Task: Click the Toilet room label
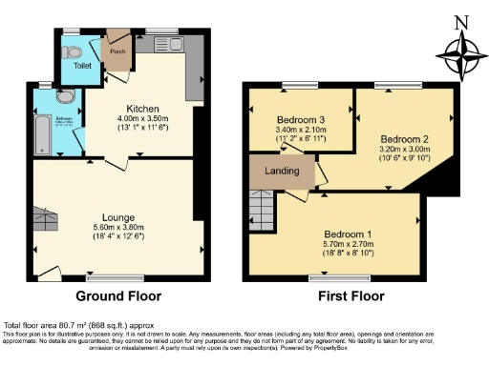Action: click(x=69, y=67)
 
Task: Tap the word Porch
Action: click(x=117, y=51)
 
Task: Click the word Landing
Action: click(x=282, y=172)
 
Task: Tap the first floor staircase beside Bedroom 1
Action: click(x=261, y=204)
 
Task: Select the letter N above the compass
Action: click(x=459, y=21)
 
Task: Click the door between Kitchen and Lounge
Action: click(x=114, y=163)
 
